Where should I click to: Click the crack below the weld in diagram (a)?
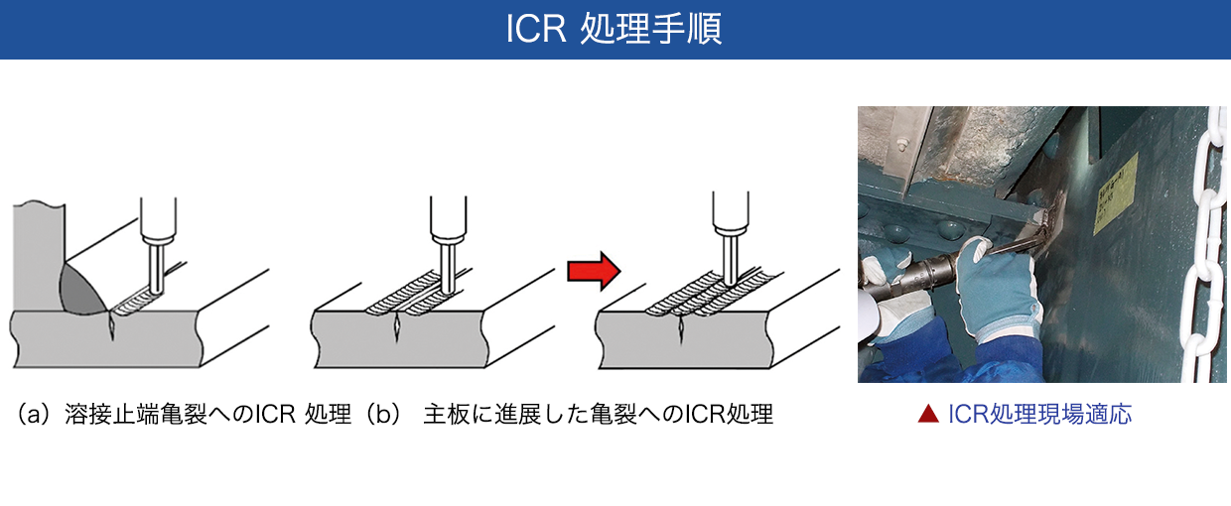point(112,327)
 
